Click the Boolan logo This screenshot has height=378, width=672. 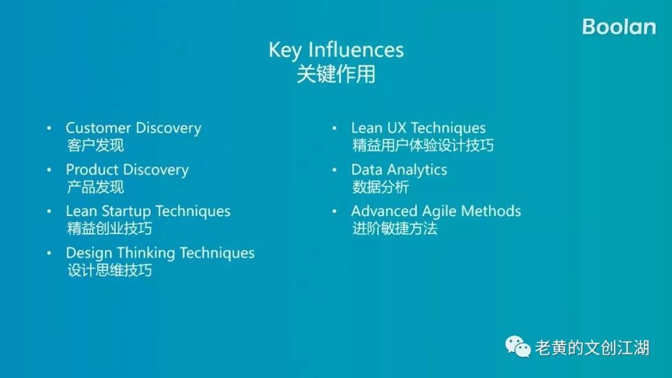coord(619,27)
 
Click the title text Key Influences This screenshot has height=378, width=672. coord(336,50)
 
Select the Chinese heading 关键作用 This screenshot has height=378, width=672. coord(336,74)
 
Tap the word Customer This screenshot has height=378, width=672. coord(98,128)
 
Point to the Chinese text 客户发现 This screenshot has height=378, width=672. coord(95,146)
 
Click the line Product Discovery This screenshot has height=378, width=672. coord(128,171)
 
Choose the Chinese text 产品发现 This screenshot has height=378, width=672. coord(95,187)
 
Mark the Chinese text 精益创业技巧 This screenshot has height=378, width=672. coord(110,229)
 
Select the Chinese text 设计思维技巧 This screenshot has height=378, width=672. coord(110,270)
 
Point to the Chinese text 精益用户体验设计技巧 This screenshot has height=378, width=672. coord(423,146)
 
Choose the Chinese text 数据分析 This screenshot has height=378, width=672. coord(381,187)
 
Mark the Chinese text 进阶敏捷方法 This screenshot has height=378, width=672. coord(394,229)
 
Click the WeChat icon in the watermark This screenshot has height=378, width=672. coord(518,347)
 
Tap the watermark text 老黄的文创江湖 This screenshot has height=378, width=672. coord(592,347)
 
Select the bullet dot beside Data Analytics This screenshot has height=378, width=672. coord(334,170)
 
